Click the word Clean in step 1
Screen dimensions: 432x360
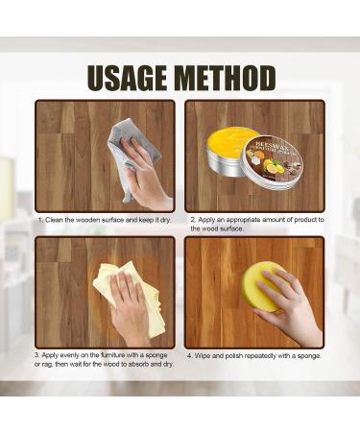coord(57,220)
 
